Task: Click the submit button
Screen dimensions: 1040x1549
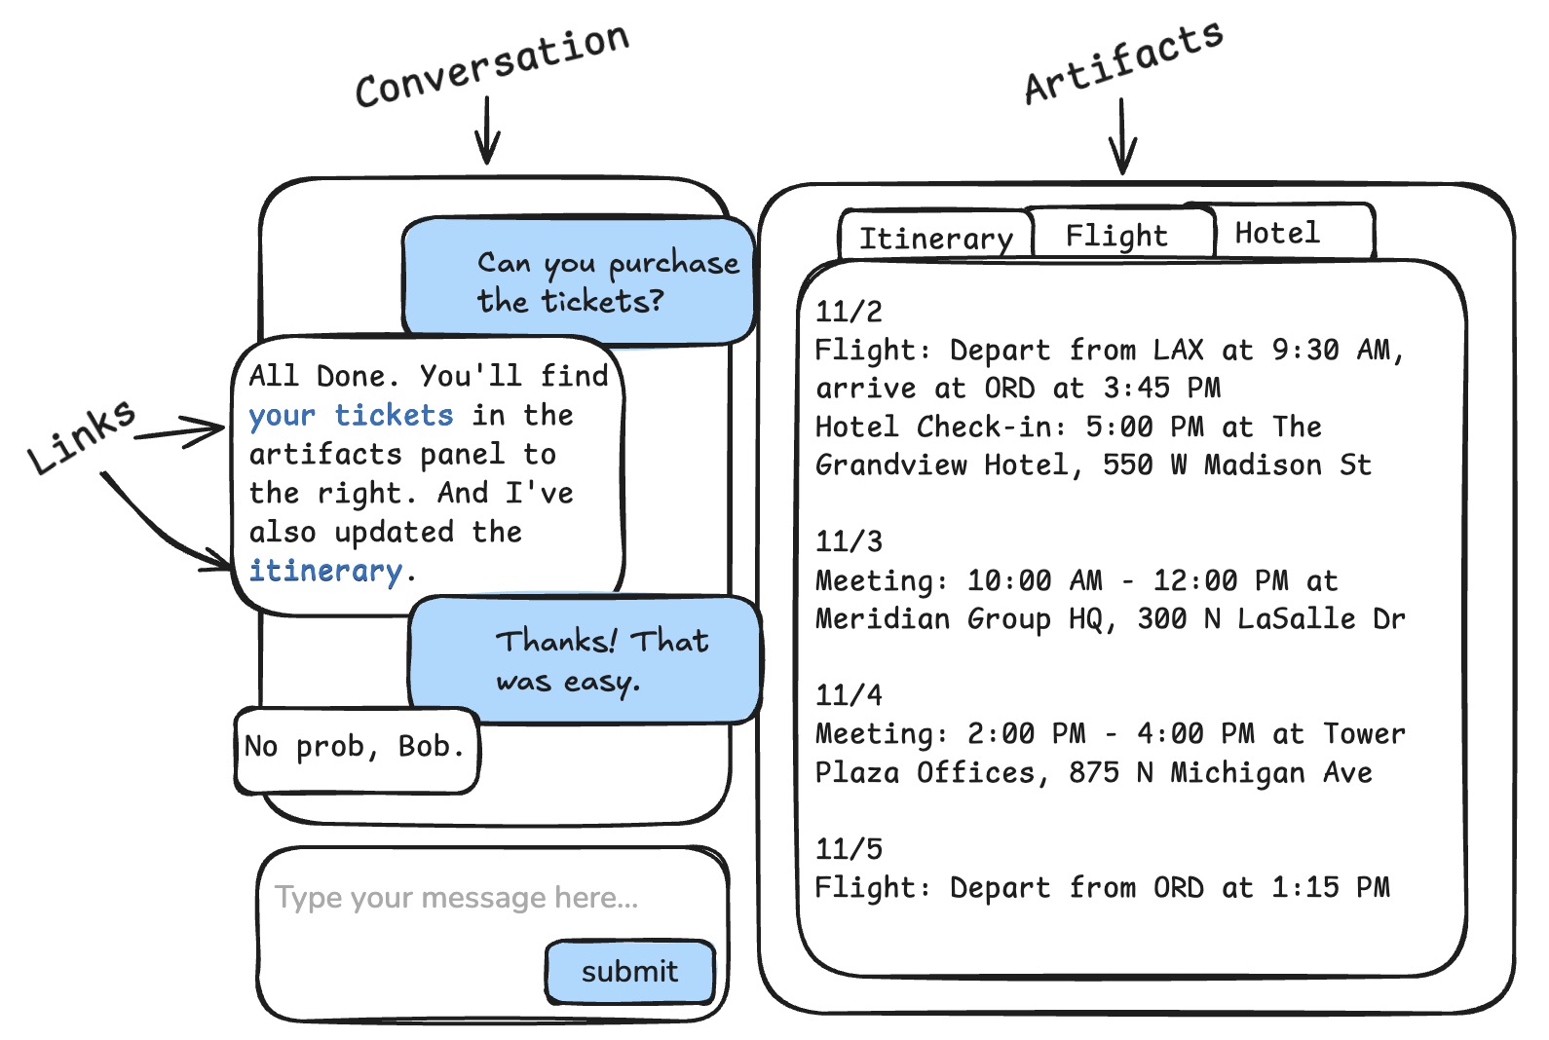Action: point(630,971)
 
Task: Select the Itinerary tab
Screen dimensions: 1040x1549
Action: point(935,238)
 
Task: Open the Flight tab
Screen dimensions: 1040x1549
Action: point(1116,235)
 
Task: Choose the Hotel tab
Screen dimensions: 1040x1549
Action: point(1277,233)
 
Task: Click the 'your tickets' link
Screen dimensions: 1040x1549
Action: point(351,416)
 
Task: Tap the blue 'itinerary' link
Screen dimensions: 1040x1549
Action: point(325,571)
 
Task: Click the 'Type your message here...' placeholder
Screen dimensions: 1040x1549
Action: point(456,897)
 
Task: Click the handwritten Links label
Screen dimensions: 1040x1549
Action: point(81,435)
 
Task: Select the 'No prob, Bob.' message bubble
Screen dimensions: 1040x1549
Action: point(355,747)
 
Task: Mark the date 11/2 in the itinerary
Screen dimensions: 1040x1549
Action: point(849,312)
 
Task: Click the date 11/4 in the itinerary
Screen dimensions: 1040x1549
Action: point(849,695)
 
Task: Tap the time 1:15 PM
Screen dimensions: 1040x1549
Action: point(1330,887)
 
